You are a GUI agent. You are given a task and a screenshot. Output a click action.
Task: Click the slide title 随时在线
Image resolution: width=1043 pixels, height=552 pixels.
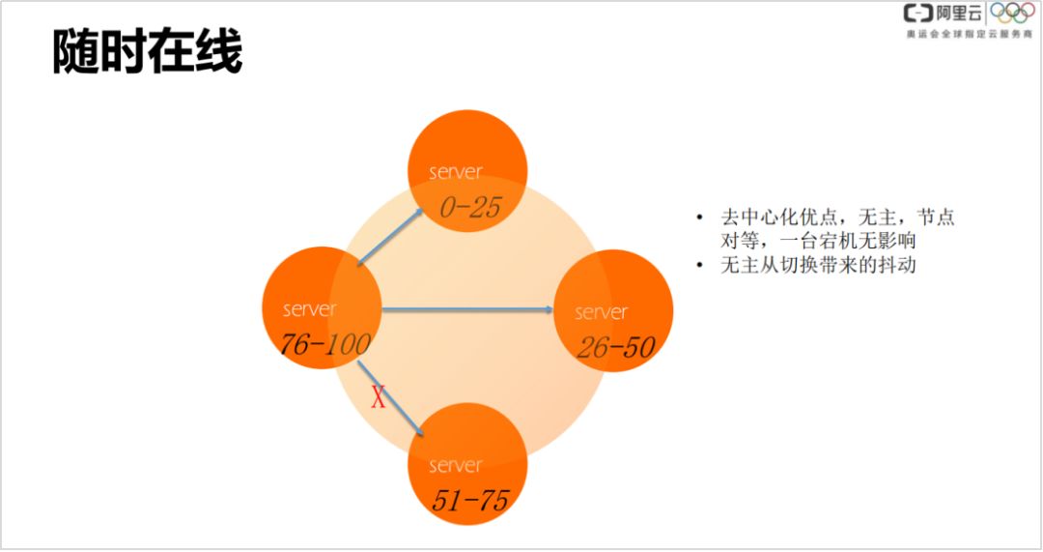pos(147,53)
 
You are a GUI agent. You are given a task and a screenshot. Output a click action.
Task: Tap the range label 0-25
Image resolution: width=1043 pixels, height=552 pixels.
pos(469,208)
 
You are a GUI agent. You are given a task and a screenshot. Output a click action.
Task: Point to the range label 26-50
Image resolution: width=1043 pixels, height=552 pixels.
pos(615,347)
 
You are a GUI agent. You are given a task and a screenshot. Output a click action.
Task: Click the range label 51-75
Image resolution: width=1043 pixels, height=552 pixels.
pos(469,500)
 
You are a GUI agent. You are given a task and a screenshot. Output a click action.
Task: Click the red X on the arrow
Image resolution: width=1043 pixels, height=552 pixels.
pos(379,397)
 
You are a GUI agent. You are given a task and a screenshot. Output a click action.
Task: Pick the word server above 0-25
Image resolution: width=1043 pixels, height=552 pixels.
pos(456,172)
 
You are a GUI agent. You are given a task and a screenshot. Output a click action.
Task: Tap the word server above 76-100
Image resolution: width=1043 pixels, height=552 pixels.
pos(310,309)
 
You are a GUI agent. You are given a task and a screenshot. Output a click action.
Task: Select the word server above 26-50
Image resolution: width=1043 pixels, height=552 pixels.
pos(601,312)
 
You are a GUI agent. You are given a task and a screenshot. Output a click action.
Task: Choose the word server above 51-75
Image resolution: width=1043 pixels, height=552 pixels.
pos(456,465)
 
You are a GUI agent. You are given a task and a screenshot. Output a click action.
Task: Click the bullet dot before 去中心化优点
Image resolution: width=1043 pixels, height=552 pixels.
pos(700,218)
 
